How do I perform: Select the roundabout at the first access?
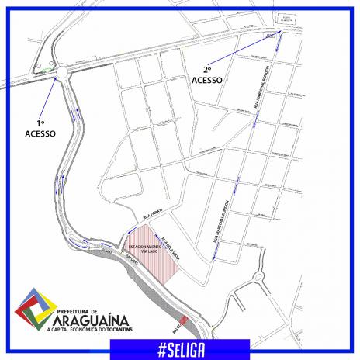[x=59, y=71]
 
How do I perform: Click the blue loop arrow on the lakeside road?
[x=79, y=243]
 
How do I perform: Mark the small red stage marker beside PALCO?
[x=184, y=320]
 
